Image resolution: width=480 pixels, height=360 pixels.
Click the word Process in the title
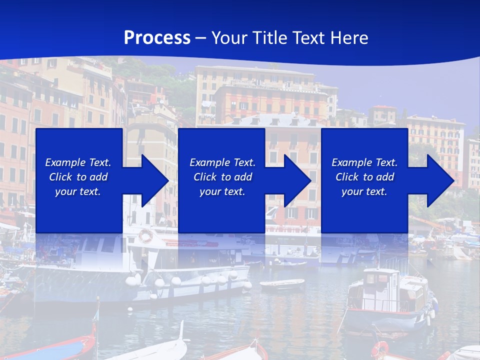click(157, 38)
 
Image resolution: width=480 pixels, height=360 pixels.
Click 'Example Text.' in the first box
click(78, 162)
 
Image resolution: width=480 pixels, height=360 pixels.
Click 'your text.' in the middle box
click(222, 191)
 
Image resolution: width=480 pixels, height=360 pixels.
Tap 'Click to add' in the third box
click(364, 177)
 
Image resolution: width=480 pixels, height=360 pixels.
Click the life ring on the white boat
click(145, 235)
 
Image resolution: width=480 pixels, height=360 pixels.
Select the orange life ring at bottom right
click(380, 348)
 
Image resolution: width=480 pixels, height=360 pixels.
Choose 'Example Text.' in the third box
click(364, 162)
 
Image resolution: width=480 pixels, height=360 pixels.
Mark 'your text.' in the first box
click(78, 191)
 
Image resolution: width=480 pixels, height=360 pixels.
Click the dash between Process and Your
click(201, 38)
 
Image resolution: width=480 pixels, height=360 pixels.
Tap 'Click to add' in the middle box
click(222, 177)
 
